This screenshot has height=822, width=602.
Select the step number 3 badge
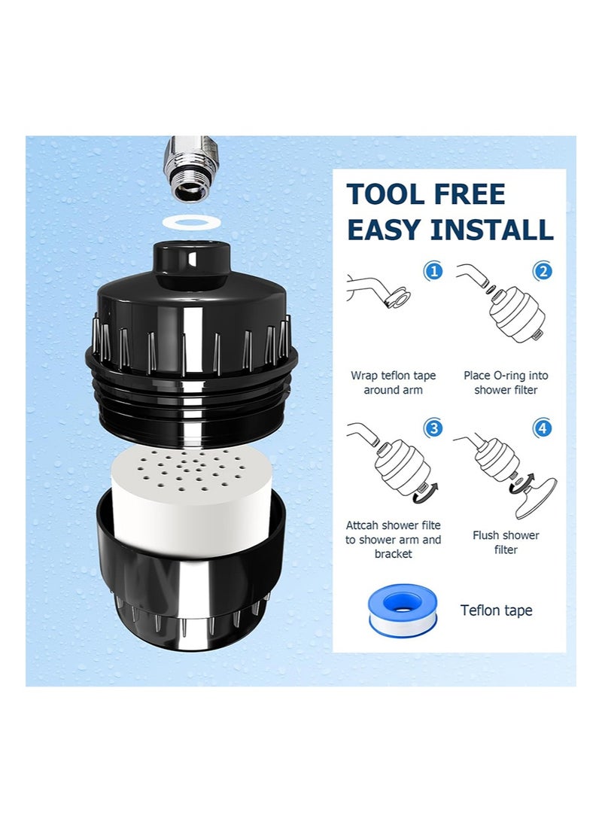[x=433, y=429]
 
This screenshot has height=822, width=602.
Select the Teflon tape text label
[x=496, y=610]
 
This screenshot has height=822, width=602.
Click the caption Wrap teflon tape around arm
[x=393, y=382]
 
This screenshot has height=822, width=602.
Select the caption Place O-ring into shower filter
[x=506, y=382]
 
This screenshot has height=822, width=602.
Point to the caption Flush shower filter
[x=506, y=543]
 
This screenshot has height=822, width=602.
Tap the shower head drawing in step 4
[x=536, y=497]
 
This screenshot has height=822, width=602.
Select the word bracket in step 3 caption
[x=393, y=554]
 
